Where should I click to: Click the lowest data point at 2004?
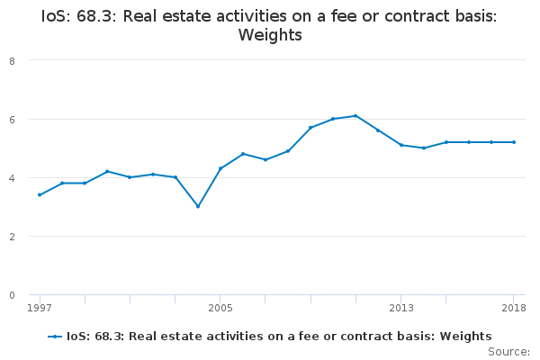click(x=198, y=206)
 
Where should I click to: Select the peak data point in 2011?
click(x=355, y=116)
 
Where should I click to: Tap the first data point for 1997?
click(x=40, y=195)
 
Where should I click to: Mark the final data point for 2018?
click(x=514, y=142)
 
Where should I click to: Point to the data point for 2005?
click(x=220, y=168)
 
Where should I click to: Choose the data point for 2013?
click(x=401, y=145)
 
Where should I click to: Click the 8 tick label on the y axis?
click(x=13, y=61)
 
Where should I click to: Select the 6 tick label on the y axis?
click(x=13, y=120)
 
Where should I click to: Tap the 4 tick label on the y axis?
click(x=13, y=178)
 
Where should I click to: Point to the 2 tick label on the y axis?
click(x=13, y=237)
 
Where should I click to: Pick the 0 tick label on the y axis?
click(x=13, y=295)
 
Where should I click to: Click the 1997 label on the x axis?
click(x=40, y=308)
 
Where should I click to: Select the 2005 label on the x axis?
click(x=220, y=308)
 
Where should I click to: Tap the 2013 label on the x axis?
click(x=401, y=308)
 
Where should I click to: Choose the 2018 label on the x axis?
click(x=514, y=308)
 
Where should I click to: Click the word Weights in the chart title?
click(x=270, y=35)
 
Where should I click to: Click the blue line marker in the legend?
click(x=55, y=337)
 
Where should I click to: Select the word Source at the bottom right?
click(x=508, y=352)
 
